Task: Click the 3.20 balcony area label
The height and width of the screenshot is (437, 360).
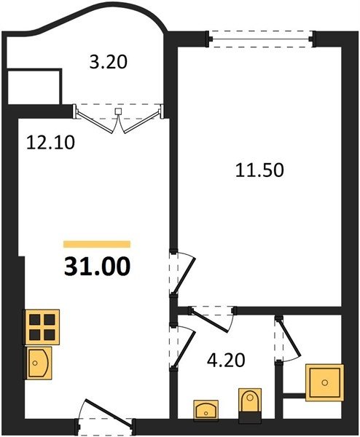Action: click(x=108, y=62)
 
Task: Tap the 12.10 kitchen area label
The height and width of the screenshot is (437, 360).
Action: click(x=50, y=143)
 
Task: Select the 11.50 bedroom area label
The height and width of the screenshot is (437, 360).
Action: click(x=259, y=170)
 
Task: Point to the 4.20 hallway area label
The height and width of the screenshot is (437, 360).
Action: click(x=226, y=360)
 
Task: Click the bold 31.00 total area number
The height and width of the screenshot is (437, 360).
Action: click(x=97, y=266)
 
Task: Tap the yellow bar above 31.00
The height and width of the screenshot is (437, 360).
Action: click(x=97, y=244)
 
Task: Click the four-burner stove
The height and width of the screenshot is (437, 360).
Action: click(x=42, y=327)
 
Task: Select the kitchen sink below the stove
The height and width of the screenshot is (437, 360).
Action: click(x=39, y=363)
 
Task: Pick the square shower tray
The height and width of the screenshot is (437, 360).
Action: click(x=324, y=382)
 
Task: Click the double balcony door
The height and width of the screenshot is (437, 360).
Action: click(x=118, y=118)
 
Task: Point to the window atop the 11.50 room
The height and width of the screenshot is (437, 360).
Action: click(x=261, y=39)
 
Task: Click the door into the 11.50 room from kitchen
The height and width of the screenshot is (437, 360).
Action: click(x=182, y=273)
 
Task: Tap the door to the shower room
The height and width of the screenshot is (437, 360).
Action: click(x=287, y=339)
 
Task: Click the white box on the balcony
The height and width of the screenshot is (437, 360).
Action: click(x=33, y=87)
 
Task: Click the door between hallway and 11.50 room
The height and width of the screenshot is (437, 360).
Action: click(x=213, y=318)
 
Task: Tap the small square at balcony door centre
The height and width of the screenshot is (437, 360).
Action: click(x=119, y=111)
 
